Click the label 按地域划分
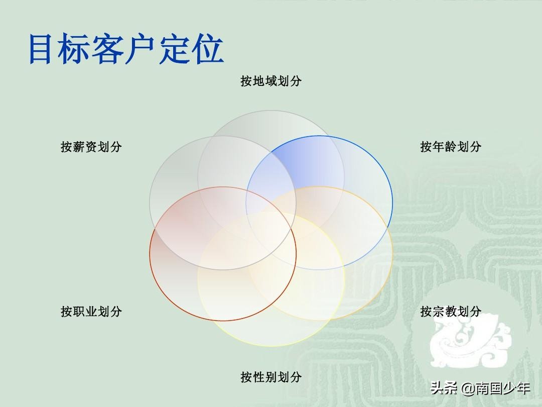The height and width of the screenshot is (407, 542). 271,81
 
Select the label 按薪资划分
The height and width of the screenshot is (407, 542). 91,147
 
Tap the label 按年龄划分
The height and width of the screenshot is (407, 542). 451,147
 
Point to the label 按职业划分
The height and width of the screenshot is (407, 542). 91,312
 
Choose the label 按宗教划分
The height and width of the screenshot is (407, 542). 451,312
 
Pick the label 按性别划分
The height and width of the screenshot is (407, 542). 271,377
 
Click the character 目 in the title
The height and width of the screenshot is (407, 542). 41,49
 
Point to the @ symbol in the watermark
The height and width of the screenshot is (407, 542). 468,388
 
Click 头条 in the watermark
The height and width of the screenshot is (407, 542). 445,388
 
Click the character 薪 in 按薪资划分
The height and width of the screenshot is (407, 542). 79,147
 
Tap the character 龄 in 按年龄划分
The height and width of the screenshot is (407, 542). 451,147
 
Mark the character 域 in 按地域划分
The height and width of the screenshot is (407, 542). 271,81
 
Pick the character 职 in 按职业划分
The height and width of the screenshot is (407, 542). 79,312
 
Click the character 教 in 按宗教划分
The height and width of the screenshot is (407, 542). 451,312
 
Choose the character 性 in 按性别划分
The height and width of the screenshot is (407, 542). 259,377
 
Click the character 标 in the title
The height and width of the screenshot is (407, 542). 73,49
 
